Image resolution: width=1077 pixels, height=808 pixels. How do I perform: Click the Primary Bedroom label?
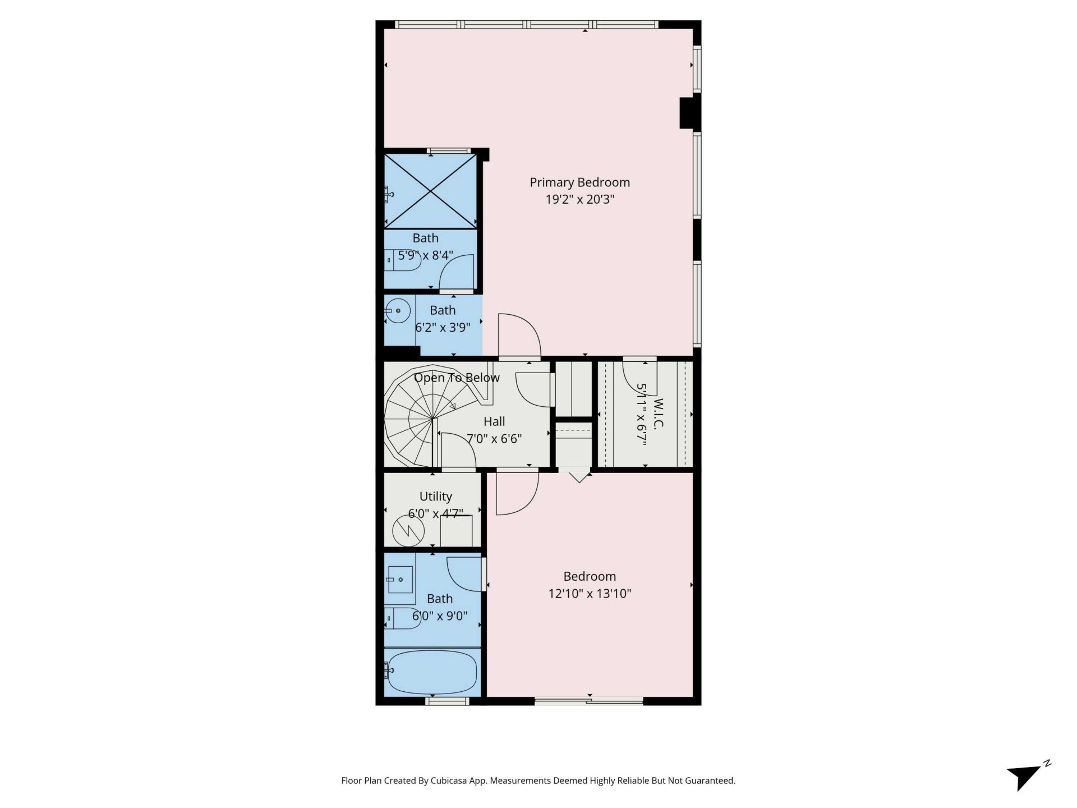[x=579, y=182]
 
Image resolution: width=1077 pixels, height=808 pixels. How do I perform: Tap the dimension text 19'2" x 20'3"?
[x=579, y=199]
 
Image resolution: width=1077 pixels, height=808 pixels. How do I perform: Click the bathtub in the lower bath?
[x=432, y=672]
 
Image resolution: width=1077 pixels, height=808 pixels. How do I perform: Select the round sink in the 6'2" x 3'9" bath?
[x=398, y=310]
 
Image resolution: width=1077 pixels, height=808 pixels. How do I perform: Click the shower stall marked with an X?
[x=430, y=191]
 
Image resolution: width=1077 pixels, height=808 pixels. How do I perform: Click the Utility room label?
[x=435, y=497]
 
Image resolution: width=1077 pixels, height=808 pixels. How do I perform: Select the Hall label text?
[x=494, y=421]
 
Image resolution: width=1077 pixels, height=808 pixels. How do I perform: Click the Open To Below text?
[x=457, y=378]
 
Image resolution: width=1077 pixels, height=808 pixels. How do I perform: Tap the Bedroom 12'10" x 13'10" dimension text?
[x=590, y=594]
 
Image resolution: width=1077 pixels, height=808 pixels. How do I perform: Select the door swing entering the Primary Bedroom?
[x=519, y=336]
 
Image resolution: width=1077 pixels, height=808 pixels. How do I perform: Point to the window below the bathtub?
[x=447, y=700]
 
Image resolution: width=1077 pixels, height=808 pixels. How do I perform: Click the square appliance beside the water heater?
[x=455, y=530]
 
